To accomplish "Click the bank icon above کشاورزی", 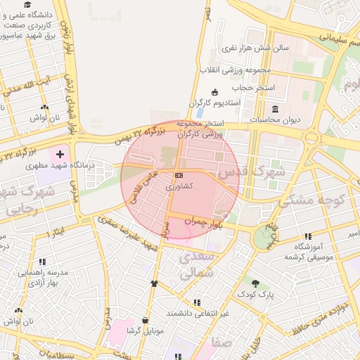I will pyautogui.click(x=179, y=175).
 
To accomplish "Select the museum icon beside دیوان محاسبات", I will pyautogui.click(x=274, y=109).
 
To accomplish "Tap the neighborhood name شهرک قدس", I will pyautogui.click(x=251, y=171).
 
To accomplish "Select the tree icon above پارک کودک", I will pyautogui.click(x=256, y=283).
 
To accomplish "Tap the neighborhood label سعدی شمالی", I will pyautogui.click(x=194, y=265).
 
